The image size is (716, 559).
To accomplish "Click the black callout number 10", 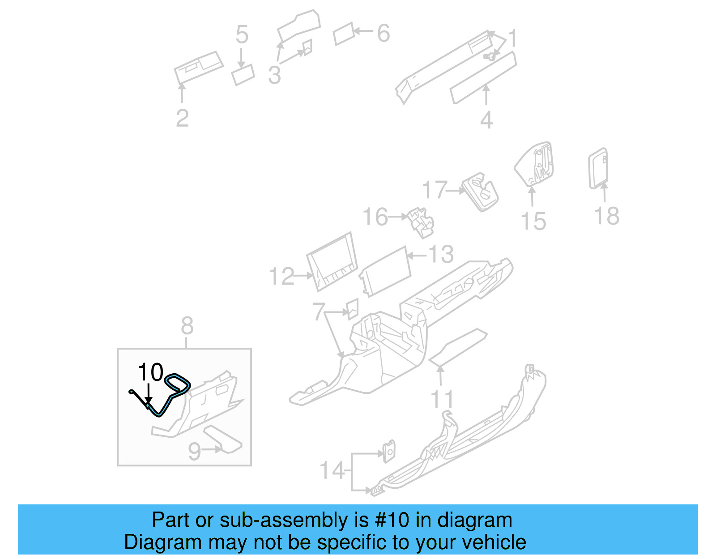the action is (150, 372).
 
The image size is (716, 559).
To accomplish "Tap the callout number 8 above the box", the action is (187, 326).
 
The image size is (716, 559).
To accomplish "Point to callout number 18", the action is (606, 216).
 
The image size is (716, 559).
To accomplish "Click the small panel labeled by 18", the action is (598, 168).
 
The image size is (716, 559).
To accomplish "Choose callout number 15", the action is (533, 221).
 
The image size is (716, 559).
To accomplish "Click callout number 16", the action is (375, 217).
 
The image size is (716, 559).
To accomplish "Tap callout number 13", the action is (441, 254).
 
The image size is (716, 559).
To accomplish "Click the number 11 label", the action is (442, 399).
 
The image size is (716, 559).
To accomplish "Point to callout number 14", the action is (332, 470).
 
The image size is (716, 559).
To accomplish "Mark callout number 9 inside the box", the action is (195, 451).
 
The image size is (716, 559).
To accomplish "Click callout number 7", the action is (318, 312).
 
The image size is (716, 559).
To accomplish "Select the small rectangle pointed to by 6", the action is (344, 34).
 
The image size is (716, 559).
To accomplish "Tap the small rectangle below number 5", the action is (243, 75).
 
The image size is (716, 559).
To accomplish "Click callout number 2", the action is (182, 118).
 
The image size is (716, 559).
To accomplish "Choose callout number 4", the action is (486, 120).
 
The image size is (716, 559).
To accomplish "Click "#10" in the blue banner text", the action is (392, 520).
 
